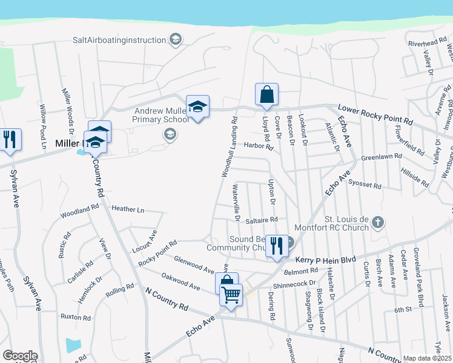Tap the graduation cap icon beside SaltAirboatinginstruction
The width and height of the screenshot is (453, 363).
click(176, 40)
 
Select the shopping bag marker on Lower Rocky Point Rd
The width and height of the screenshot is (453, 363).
click(266, 95)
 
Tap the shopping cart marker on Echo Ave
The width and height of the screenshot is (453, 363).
click(231, 295)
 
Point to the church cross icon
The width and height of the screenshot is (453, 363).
click(377, 221)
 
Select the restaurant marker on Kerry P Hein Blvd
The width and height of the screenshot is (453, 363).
click(277, 246)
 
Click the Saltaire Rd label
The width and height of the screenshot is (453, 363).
click(262, 220)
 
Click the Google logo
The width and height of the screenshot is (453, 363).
click(19, 356)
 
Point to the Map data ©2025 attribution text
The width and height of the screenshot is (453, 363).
click(427, 358)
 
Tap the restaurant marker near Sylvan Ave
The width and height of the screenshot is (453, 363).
click(10, 140)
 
